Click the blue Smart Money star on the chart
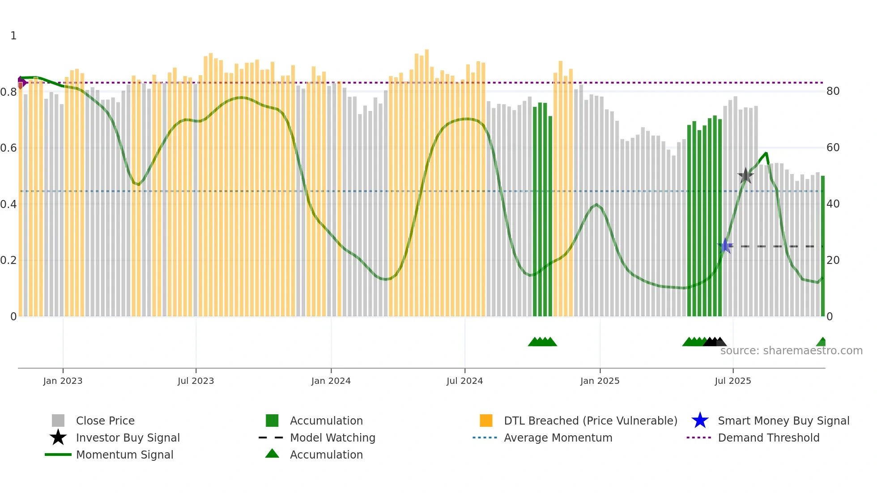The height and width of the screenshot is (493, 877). (725, 246)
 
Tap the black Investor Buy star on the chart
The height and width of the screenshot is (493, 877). (745, 176)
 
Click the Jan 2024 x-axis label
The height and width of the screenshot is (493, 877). (331, 381)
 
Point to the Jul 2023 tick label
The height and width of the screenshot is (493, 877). (196, 381)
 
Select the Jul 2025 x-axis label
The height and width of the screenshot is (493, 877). (732, 381)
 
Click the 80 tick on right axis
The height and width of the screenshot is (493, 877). (833, 91)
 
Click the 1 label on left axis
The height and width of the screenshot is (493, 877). (13, 36)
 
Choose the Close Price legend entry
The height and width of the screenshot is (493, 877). (105, 421)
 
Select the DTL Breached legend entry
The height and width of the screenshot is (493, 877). (590, 421)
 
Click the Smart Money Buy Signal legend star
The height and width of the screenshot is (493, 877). (700, 421)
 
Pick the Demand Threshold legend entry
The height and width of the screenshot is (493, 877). (768, 438)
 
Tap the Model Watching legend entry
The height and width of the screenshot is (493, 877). (332, 438)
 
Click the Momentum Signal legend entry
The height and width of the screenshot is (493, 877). (124, 455)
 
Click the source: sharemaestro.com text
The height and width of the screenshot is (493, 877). (791, 351)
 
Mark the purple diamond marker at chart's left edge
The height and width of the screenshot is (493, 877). (21, 82)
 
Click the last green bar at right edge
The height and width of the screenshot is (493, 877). (822, 246)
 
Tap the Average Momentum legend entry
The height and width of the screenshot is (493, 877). (558, 438)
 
